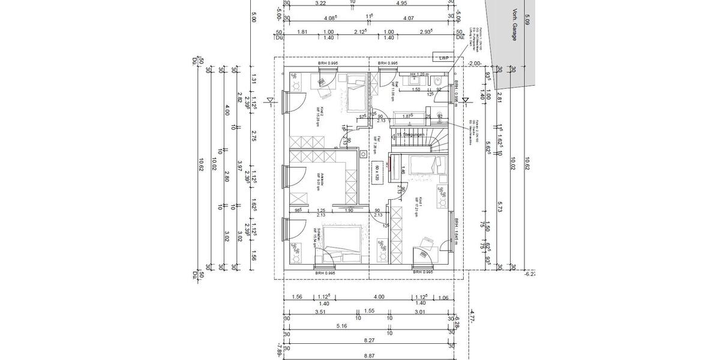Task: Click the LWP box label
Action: (x=444, y=58)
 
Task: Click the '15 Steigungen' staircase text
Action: (x=410, y=134)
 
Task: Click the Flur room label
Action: (x=372, y=142)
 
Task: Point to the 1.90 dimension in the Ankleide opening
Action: (x=349, y=211)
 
